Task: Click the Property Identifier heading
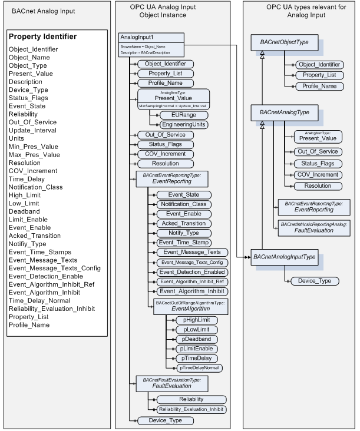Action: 42,37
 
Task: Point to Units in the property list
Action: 17,138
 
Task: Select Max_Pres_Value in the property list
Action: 34,155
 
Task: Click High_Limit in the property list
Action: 24,195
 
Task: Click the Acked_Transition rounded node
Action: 183,223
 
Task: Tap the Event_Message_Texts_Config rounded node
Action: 190,262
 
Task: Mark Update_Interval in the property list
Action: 33,130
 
